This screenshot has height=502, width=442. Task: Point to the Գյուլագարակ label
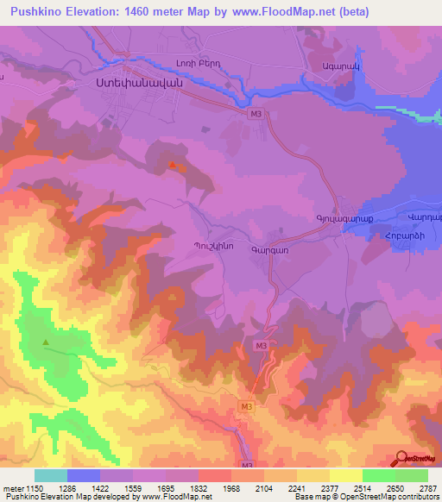[x=342, y=220]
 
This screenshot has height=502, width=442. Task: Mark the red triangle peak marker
[x=174, y=164]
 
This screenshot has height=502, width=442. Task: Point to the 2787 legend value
[x=427, y=488]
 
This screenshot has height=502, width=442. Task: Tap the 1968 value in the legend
[x=230, y=488]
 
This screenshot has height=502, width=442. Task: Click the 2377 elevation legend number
[x=329, y=488]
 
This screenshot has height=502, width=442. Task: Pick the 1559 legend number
[x=132, y=488]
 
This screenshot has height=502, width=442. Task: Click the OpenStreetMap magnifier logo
[x=402, y=458]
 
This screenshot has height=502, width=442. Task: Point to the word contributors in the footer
[x=417, y=498]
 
